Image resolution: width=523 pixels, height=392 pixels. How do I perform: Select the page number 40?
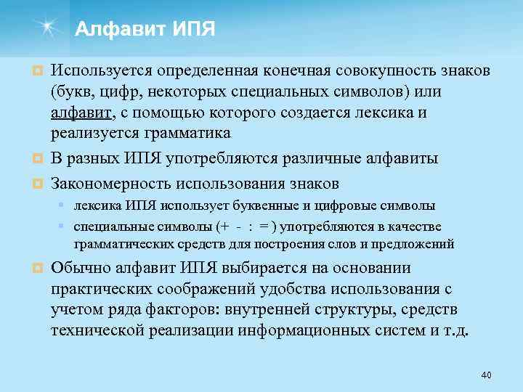point(486,375)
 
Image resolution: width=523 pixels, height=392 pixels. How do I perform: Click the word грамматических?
point(120,243)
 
